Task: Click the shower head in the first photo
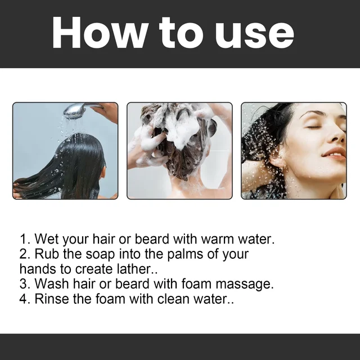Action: coord(82,110)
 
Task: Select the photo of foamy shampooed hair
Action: coord(179,150)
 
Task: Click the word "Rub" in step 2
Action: coord(47,254)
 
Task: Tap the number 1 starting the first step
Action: coord(24,239)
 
